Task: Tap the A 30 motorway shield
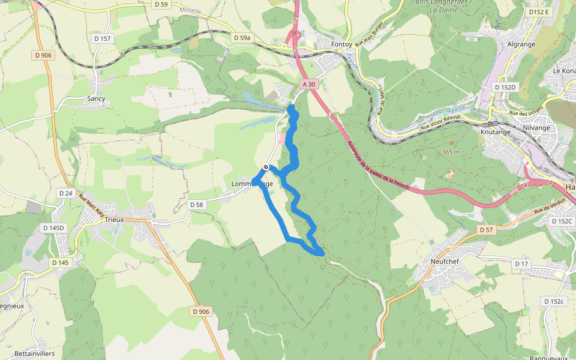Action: point(308,85)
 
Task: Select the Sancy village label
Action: point(96,98)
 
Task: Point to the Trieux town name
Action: point(114,220)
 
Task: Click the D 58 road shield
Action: point(197,205)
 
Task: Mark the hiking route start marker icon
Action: point(266,167)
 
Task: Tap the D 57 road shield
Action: point(485,230)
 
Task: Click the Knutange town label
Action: point(495,131)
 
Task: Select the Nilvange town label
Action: point(536,128)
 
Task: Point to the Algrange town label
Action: point(521,44)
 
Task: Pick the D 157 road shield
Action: point(103,38)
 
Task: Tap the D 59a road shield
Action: point(242,38)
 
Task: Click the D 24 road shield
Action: point(65,193)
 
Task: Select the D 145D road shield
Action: point(53,228)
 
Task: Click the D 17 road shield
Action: point(521,264)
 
